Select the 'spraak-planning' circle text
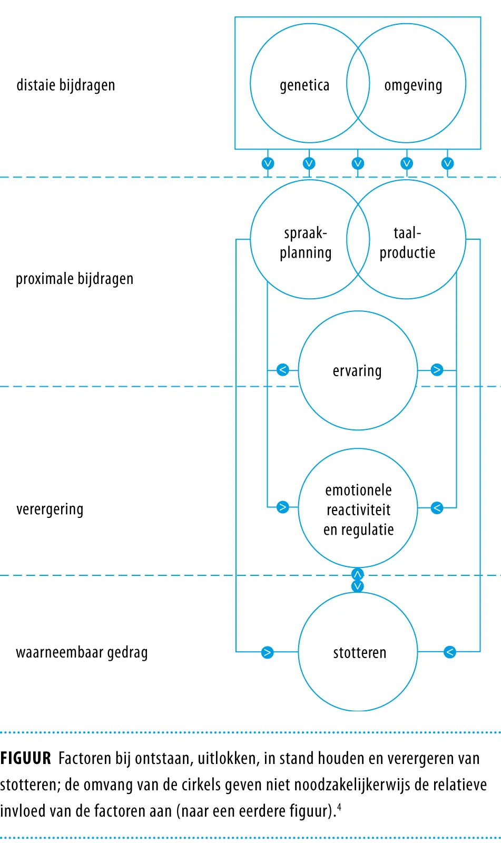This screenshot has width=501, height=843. [x=306, y=243]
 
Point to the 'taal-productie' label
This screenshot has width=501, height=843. [x=407, y=243]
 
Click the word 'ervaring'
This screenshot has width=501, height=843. [x=357, y=371]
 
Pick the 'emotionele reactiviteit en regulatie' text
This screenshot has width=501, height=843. [x=358, y=510]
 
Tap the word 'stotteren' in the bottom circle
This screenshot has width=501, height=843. [x=359, y=653]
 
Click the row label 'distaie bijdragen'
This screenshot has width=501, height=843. [x=65, y=85]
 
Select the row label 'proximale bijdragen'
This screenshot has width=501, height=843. [x=74, y=279]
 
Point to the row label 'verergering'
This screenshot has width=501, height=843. [x=50, y=509]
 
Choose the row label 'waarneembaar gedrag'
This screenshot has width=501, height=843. [x=82, y=653]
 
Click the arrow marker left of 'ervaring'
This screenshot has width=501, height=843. [x=283, y=369]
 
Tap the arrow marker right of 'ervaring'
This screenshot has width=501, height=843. [x=437, y=369]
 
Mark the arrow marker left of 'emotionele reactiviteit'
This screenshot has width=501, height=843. [x=283, y=507]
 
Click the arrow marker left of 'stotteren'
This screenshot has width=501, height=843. [x=267, y=652]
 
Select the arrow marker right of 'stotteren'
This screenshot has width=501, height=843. [x=450, y=652]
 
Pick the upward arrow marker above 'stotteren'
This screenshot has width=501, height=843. [x=357, y=574]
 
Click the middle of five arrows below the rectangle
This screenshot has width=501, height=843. [x=358, y=163]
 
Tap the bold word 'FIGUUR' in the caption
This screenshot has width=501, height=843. [x=26, y=758]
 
